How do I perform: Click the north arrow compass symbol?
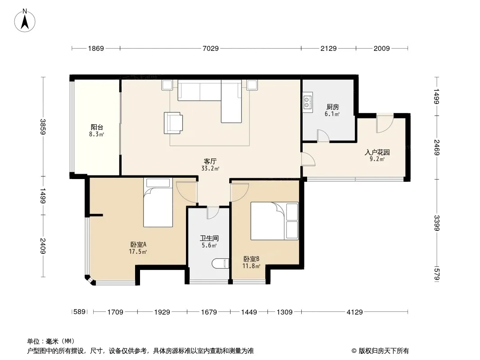(x=25, y=20)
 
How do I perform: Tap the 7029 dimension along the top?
(x=211, y=48)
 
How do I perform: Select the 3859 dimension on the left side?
(x=43, y=126)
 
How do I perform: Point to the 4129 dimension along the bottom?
(x=354, y=312)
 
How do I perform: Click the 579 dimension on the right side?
(x=436, y=274)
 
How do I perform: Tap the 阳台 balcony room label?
(x=97, y=127)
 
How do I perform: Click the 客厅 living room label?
(x=210, y=161)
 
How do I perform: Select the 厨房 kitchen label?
(x=332, y=107)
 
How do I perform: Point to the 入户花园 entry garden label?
(x=377, y=152)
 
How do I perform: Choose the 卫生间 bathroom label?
(x=209, y=238)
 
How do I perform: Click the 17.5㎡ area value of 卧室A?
(x=138, y=252)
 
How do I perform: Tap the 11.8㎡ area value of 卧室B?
(x=251, y=266)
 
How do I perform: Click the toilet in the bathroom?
(x=220, y=264)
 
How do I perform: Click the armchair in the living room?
(x=173, y=123)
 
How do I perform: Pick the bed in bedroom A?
(x=158, y=202)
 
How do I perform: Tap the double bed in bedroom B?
(x=274, y=221)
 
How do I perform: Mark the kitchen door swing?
(x=323, y=136)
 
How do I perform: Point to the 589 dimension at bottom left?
(x=79, y=312)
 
